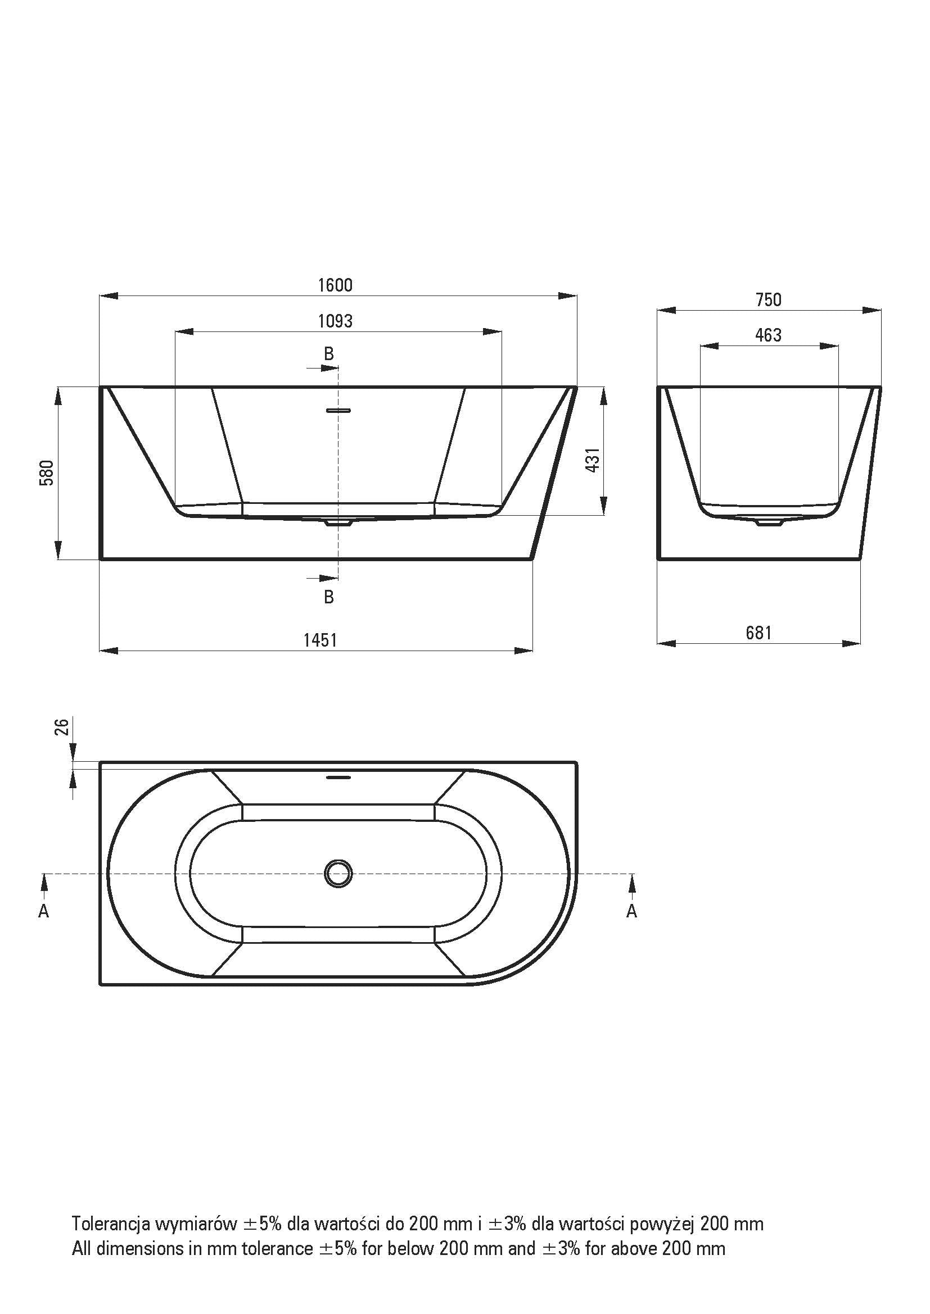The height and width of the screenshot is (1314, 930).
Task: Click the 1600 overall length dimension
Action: tap(335, 284)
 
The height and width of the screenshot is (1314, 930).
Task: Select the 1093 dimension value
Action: tap(335, 321)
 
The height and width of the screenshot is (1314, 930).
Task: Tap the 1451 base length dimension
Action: tap(320, 640)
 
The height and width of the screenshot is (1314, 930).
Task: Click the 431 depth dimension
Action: tap(594, 460)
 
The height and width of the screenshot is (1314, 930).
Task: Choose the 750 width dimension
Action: tap(769, 299)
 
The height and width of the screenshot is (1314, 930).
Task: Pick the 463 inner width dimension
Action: tap(769, 335)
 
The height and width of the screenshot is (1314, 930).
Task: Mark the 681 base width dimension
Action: tap(759, 633)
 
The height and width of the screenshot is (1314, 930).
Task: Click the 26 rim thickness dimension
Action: tap(63, 726)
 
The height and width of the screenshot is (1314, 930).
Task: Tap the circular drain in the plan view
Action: tap(338, 874)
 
